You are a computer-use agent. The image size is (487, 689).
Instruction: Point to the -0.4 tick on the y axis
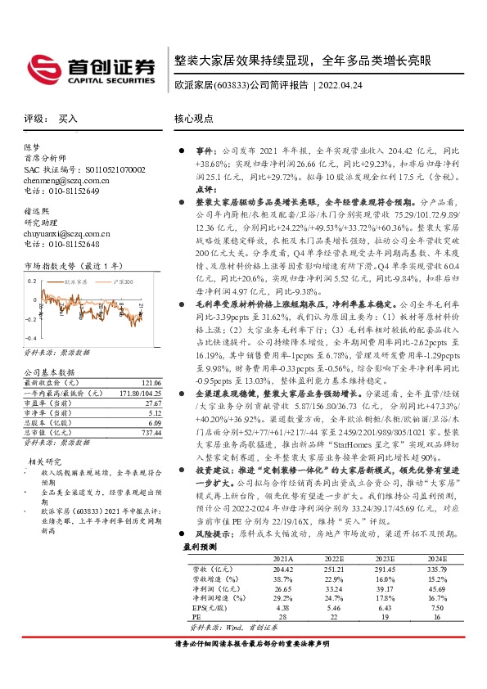(29, 336)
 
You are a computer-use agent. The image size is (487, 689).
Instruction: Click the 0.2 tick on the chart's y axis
(31, 279)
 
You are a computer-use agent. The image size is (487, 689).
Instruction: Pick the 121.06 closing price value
(149, 383)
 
